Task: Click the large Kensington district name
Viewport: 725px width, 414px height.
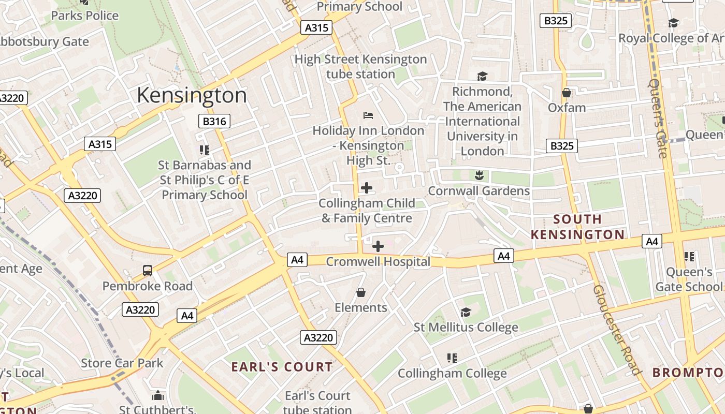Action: click(x=192, y=95)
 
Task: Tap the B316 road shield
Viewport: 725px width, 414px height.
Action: click(x=214, y=122)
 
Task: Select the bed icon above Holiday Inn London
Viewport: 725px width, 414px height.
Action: click(x=368, y=115)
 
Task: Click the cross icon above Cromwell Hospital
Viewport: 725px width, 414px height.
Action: click(x=378, y=246)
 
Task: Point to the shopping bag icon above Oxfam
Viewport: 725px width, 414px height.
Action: click(x=567, y=93)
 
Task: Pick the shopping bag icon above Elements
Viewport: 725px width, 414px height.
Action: click(x=361, y=293)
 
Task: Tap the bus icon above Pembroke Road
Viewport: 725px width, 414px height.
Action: click(x=148, y=271)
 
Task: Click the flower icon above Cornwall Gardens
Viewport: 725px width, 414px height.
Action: click(x=479, y=175)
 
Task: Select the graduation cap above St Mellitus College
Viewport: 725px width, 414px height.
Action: click(x=466, y=312)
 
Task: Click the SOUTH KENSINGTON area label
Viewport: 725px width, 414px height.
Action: click(x=577, y=227)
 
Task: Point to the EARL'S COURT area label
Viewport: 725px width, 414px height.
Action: click(x=282, y=367)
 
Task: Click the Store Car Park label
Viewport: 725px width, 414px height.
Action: click(x=122, y=363)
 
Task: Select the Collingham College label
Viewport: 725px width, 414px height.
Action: click(x=452, y=373)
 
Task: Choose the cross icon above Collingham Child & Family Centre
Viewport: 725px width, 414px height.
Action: click(x=367, y=188)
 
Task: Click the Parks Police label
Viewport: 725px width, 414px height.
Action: click(x=85, y=16)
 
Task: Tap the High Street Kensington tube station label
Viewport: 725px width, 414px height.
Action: click(x=361, y=67)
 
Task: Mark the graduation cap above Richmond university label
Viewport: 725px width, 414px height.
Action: click(x=483, y=77)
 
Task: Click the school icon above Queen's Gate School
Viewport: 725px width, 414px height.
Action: click(x=689, y=256)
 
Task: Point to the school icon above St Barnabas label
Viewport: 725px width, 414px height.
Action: click(x=205, y=150)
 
